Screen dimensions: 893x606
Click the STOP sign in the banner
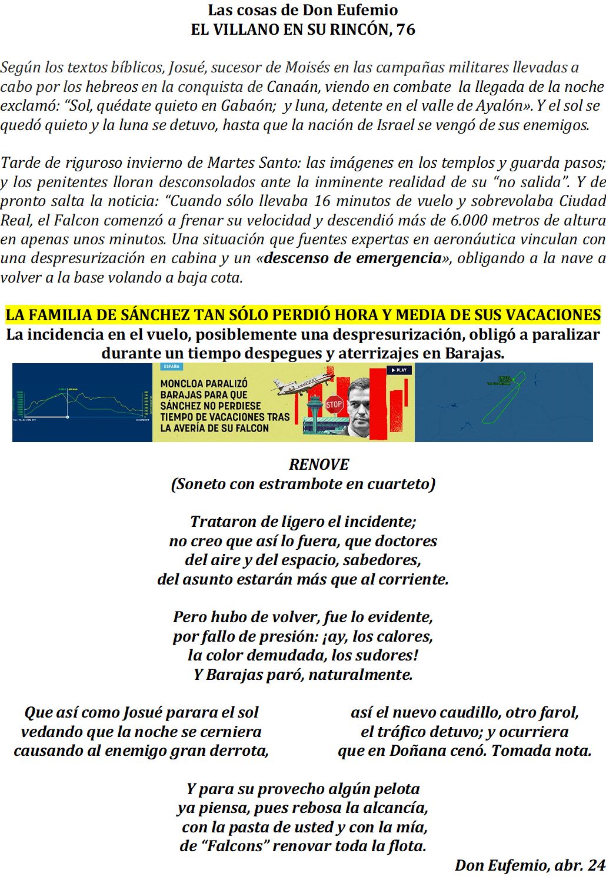point(334,404)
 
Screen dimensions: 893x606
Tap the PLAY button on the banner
point(398,370)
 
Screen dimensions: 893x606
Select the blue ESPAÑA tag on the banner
point(172,367)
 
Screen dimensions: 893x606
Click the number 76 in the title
point(405,29)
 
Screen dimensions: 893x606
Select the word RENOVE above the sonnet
point(319,464)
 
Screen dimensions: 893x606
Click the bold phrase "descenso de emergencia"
point(353,258)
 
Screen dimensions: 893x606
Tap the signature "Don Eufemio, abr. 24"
point(530,865)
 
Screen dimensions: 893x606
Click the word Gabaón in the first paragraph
point(248,106)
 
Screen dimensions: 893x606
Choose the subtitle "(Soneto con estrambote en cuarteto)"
point(303,484)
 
